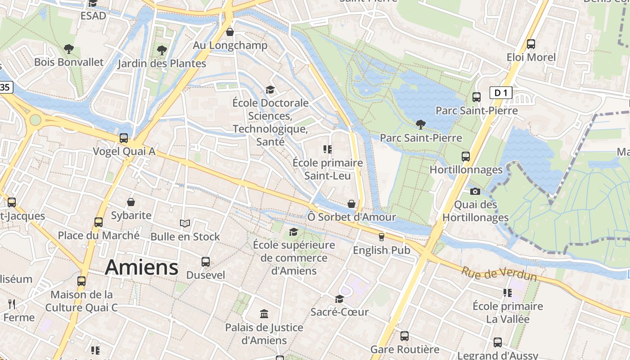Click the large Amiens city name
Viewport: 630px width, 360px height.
[x=141, y=268]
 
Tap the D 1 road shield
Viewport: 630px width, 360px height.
[x=500, y=93]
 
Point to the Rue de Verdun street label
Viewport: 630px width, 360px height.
[x=499, y=274]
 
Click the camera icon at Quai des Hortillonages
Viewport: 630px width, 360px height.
[x=475, y=191]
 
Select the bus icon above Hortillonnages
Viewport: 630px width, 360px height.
[x=465, y=157]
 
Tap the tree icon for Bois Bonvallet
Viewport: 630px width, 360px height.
[x=68, y=49]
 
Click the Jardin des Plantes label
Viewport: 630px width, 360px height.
[x=162, y=63]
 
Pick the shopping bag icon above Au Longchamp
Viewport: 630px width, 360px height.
[x=230, y=32]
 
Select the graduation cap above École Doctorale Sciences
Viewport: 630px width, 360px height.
[x=270, y=90]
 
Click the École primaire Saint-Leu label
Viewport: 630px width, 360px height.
[x=327, y=169]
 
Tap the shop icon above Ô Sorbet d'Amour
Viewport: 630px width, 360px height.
[x=351, y=204]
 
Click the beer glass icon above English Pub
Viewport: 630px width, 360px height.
[x=381, y=237]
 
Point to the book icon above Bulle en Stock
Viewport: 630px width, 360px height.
[x=184, y=223]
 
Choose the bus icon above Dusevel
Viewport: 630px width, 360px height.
[x=205, y=261]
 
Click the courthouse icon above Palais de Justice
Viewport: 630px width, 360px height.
[x=264, y=314]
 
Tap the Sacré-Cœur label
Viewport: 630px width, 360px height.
[x=339, y=312]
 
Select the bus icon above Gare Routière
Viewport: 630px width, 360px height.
[x=404, y=336]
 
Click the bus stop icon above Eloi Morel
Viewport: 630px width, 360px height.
[x=531, y=44]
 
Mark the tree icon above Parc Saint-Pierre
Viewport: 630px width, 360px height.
[x=421, y=124]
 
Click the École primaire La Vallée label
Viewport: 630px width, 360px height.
[x=508, y=313]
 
